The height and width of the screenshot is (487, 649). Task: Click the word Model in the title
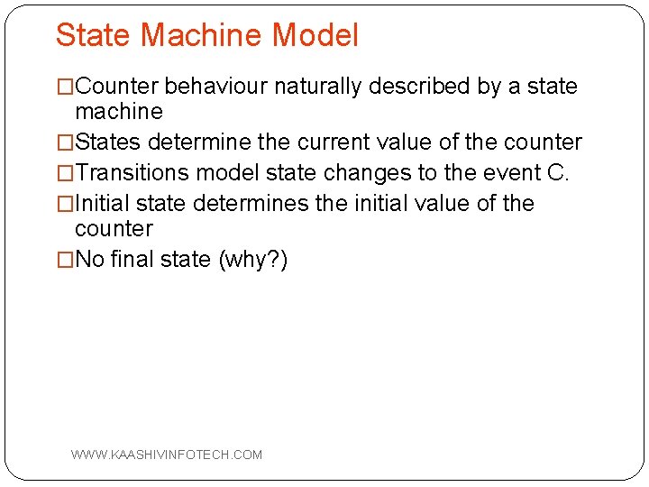tap(315, 36)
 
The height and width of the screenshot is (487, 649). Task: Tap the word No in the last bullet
tap(89, 260)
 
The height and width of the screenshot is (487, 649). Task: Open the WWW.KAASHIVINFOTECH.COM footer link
tap(167, 455)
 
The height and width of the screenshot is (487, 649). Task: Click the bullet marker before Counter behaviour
tap(65, 87)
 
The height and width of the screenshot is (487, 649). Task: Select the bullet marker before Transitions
tap(65, 173)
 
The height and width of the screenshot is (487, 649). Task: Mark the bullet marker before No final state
tap(65, 260)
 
